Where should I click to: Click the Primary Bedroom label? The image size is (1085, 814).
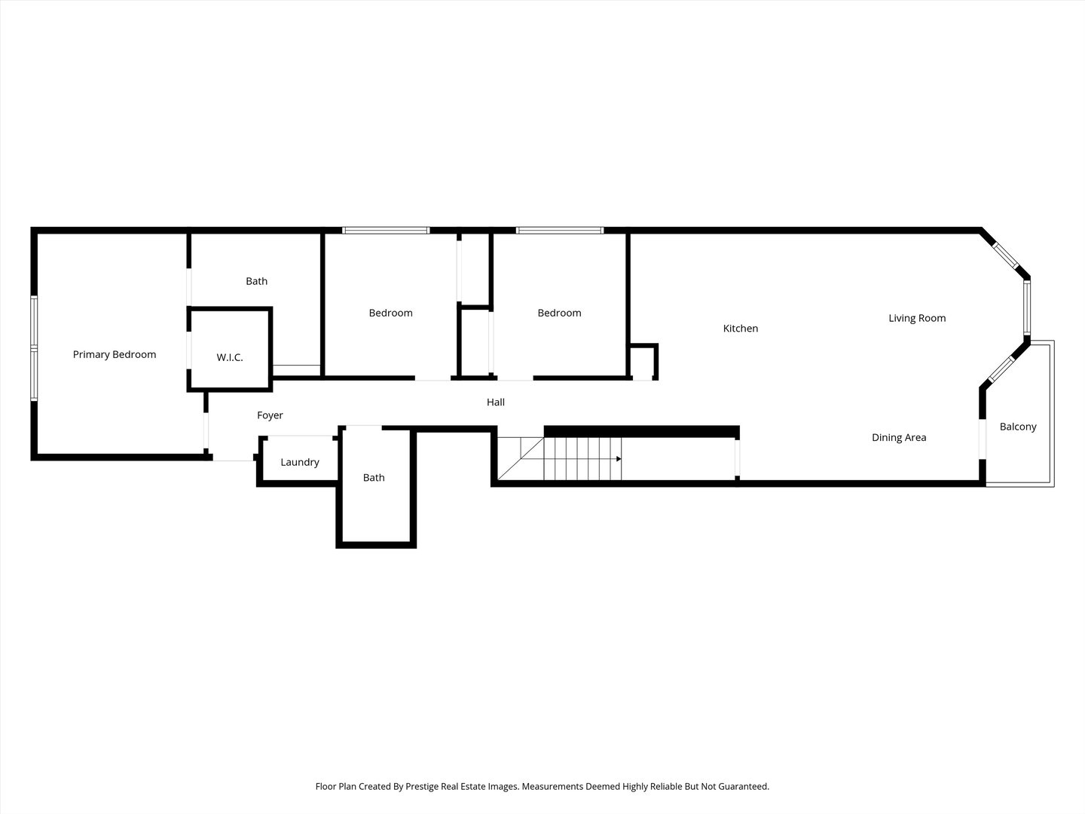click(115, 354)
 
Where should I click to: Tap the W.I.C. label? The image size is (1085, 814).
click(230, 357)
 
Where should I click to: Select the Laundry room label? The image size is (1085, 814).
click(300, 462)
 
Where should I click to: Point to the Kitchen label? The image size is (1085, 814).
click(741, 328)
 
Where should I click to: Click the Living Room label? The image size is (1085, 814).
click(917, 318)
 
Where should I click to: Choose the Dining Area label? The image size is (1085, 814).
click(899, 437)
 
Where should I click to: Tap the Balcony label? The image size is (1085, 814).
click(1018, 427)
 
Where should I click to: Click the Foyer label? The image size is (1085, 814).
click(270, 415)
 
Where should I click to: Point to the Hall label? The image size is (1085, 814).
click(496, 402)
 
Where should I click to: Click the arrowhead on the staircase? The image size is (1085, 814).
click(619, 459)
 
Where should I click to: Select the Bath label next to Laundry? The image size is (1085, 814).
click(374, 477)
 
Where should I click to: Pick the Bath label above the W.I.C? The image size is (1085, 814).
click(256, 281)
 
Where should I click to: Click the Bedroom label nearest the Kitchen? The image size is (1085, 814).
click(559, 313)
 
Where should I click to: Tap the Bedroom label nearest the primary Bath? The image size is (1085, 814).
click(390, 313)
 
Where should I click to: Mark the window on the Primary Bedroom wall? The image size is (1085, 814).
click(34, 348)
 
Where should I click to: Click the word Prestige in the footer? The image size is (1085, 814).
click(422, 786)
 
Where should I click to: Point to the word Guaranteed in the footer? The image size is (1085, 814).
click(744, 786)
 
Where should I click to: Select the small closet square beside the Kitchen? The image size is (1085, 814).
click(643, 362)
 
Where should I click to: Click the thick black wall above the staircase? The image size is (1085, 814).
click(642, 431)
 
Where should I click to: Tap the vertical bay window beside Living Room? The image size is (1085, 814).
click(1027, 308)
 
